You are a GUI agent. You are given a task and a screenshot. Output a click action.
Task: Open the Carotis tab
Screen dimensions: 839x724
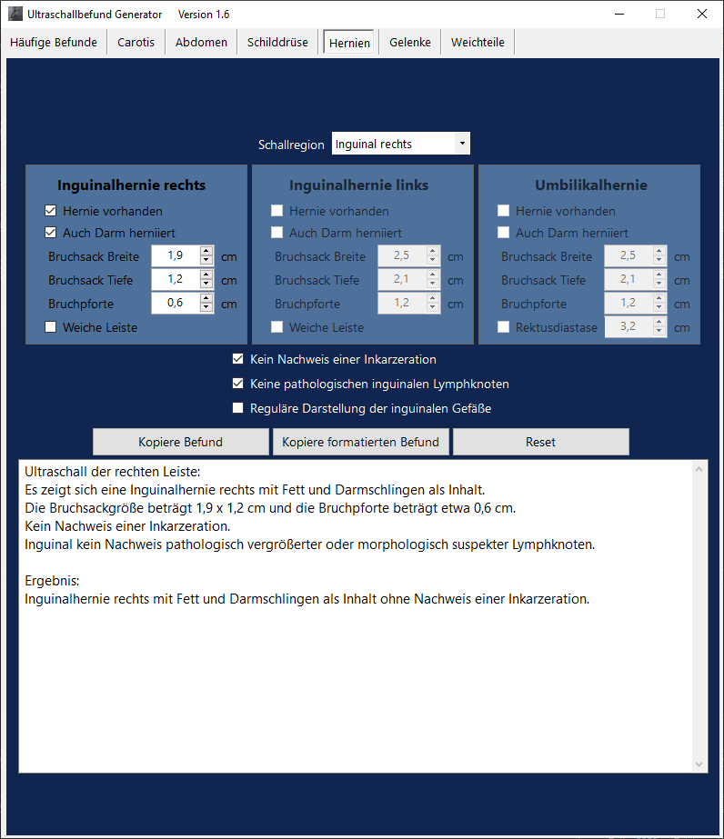click(x=136, y=42)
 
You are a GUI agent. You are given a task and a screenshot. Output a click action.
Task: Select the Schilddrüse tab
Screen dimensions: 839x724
click(x=277, y=42)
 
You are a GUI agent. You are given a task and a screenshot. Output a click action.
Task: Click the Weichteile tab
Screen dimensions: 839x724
click(x=478, y=42)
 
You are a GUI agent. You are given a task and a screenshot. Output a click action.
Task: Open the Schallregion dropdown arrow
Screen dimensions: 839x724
click(x=463, y=144)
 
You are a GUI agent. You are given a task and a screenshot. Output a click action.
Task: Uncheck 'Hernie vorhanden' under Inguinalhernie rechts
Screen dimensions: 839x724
click(x=51, y=211)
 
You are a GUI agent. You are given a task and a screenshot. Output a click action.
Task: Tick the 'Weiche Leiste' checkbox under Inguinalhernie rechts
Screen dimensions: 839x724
click(x=51, y=327)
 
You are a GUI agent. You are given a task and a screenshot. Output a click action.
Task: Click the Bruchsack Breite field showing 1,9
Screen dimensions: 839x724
click(x=175, y=256)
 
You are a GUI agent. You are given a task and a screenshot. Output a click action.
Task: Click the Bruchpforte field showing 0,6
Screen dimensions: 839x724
click(x=175, y=304)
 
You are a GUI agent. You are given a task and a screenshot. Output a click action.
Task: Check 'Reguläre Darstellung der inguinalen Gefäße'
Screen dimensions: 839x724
click(x=238, y=408)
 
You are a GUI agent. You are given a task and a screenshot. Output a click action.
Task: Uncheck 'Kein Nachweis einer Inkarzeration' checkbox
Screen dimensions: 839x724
click(x=238, y=359)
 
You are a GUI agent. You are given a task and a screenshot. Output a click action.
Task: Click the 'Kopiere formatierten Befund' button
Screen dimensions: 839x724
click(x=360, y=442)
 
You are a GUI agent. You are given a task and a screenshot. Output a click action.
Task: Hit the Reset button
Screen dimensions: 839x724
click(x=540, y=442)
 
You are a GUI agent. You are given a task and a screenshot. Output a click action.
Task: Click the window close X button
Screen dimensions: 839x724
click(x=701, y=14)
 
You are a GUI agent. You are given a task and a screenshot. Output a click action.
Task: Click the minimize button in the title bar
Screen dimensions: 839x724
click(x=619, y=14)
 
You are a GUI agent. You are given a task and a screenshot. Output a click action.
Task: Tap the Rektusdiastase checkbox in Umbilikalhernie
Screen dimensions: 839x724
click(x=503, y=327)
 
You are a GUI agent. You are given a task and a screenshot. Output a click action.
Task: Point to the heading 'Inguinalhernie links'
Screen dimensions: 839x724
click(x=358, y=185)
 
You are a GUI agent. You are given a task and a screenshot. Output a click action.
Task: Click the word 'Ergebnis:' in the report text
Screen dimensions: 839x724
click(x=53, y=580)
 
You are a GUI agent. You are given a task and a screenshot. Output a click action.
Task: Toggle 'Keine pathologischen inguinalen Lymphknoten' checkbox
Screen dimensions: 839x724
click(x=238, y=384)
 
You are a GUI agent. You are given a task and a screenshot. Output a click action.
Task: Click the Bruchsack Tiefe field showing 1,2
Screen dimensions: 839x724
click(x=175, y=280)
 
